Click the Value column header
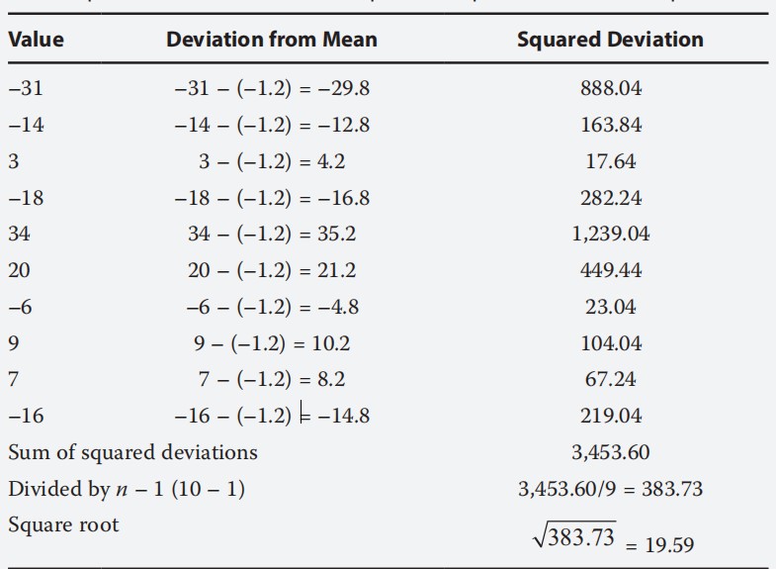tap(36, 40)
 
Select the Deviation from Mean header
tap(271, 40)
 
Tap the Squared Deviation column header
tap(610, 40)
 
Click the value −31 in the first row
tap(26, 88)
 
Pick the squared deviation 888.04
tap(610, 89)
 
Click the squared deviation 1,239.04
tap(610, 235)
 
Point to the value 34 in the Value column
tap(20, 235)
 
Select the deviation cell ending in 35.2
tap(271, 235)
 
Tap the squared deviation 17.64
tap(610, 161)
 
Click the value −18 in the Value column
tap(26, 198)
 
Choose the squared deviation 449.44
tap(610, 271)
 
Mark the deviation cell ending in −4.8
tap(271, 307)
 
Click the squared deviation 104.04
tap(610, 343)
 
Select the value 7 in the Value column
tap(13, 379)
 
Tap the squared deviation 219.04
tap(610, 416)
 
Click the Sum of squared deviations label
tap(132, 452)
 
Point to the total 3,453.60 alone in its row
tap(610, 452)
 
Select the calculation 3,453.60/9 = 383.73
tap(610, 489)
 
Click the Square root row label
tap(63, 524)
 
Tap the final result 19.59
tap(669, 544)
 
